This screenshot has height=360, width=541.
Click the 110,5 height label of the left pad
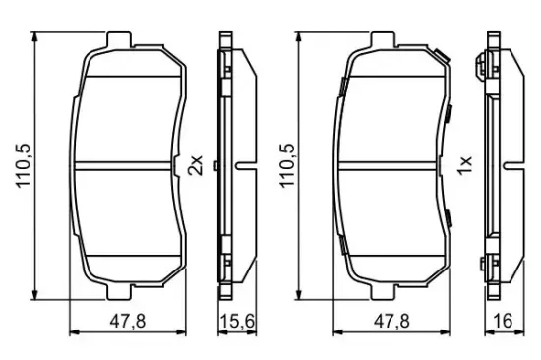[25, 166]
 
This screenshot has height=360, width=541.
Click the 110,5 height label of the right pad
[287, 166]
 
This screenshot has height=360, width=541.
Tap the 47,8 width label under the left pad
[128, 322]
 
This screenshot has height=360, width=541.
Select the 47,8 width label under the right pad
[391, 322]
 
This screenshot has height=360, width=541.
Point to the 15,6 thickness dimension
[237, 322]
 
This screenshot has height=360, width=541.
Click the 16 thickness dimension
[503, 322]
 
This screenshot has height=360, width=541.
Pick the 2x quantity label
[195, 165]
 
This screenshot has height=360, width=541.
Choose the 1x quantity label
[464, 165]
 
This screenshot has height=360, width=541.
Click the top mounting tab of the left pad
[119, 39]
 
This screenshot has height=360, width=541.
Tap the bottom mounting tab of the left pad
[119, 292]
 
